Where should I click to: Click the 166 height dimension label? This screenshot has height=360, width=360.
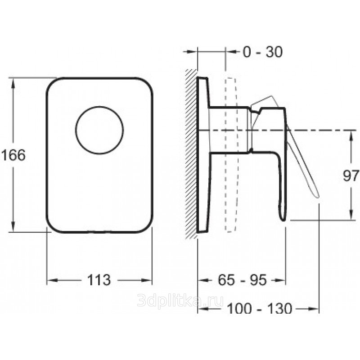coord(13,155)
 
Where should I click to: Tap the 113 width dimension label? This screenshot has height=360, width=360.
coord(99,280)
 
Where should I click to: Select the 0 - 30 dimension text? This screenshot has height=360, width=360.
coord(263,52)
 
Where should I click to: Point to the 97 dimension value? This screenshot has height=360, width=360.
coord(351,176)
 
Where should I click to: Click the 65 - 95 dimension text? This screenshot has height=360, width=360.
coord(242,280)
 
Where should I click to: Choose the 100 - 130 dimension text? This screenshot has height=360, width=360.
coord(260,308)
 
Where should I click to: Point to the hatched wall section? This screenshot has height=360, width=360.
coord(191,153)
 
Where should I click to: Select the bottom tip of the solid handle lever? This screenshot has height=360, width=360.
coord(283,220)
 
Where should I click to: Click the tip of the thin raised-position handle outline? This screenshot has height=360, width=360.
coord(318,197)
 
